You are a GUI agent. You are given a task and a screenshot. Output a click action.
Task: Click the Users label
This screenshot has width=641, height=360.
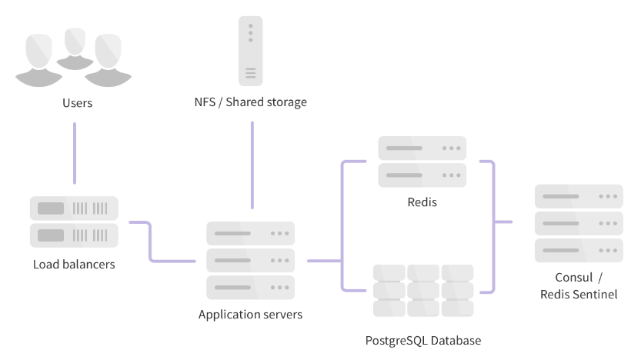[x=77, y=102]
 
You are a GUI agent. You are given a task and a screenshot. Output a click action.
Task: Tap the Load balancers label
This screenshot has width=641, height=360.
[x=74, y=265]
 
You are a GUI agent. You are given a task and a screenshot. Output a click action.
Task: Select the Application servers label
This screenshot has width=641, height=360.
[x=250, y=315]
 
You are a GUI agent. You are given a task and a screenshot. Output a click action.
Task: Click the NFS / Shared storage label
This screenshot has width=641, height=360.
[x=251, y=102]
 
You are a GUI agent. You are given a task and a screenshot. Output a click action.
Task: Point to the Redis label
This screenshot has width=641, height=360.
[x=422, y=203]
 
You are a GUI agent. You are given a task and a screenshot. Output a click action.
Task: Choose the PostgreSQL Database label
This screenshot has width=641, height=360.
[x=423, y=340]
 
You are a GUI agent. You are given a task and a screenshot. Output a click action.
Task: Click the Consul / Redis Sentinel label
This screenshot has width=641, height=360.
[x=579, y=285]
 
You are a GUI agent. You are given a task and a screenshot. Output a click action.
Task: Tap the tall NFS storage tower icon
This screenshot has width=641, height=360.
[x=250, y=52]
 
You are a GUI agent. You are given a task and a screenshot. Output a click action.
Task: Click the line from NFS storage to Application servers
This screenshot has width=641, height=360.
[x=251, y=165]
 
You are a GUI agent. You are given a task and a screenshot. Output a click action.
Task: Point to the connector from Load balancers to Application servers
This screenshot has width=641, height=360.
[x=151, y=243]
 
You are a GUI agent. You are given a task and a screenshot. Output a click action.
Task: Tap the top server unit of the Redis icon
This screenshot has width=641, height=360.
[x=422, y=148]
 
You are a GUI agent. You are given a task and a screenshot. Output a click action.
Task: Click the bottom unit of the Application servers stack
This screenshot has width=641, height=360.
[x=250, y=287]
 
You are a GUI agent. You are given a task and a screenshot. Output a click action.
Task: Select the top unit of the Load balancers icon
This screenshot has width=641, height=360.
[x=74, y=208]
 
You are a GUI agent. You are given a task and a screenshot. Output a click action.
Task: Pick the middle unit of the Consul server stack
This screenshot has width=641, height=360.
[x=579, y=223]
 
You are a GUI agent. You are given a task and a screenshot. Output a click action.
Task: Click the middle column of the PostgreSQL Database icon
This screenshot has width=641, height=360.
[x=422, y=291]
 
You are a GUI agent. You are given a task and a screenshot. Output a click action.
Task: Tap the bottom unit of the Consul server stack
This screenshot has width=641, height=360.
[x=579, y=250]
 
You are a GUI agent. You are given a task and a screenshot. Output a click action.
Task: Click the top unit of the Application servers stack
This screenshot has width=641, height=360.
[x=250, y=233]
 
